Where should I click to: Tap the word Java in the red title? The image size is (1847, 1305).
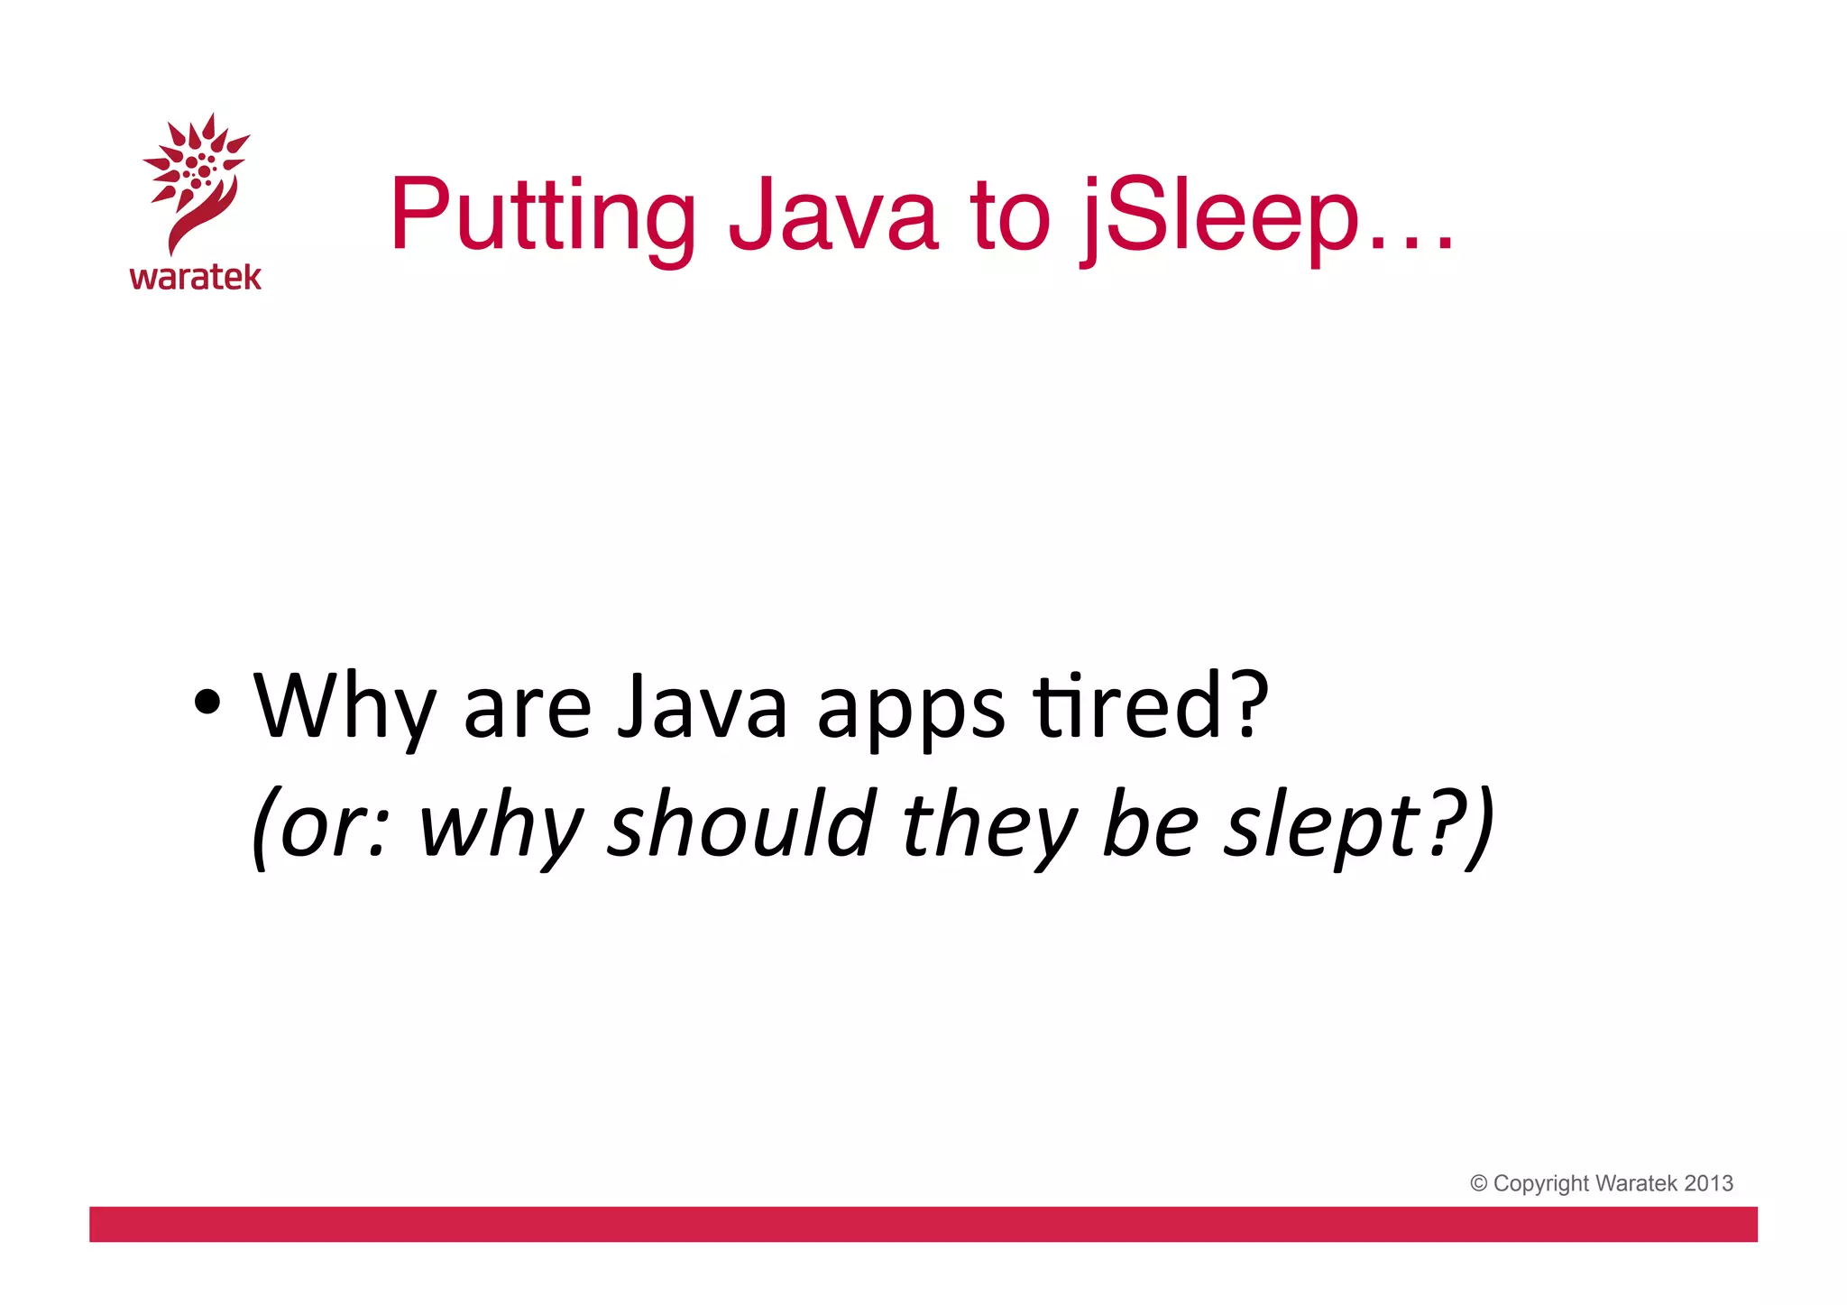pos(833,216)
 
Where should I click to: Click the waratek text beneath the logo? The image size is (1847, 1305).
pos(195,277)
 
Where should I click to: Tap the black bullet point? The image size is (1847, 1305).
pos(207,703)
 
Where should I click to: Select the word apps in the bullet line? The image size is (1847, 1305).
pos(910,712)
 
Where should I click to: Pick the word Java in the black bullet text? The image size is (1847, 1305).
pos(703,708)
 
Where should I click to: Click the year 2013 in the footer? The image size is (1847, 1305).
pos(1708,1183)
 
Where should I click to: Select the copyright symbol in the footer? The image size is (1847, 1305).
pos(1478,1183)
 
